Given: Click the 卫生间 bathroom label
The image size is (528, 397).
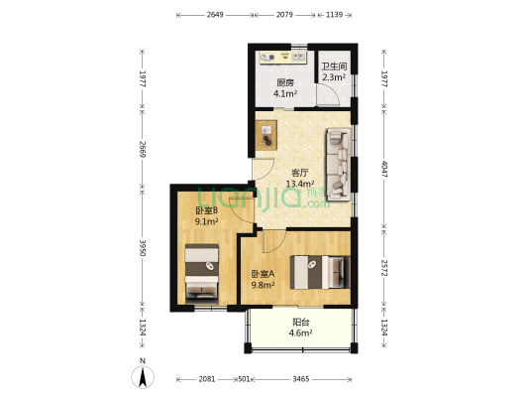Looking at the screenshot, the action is tap(334, 66).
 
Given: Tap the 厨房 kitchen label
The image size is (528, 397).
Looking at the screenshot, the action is tap(285, 82).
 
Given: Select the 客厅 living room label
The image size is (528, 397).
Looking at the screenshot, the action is tap(299, 173).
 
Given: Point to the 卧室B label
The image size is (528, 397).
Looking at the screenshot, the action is tap(207, 210).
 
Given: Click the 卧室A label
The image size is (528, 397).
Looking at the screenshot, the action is tap(263, 274).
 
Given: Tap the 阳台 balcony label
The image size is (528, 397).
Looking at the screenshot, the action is tap(301, 323).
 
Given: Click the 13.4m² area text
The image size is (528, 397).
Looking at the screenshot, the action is tap(300, 184).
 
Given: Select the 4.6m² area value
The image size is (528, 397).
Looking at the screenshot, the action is tap(300, 333).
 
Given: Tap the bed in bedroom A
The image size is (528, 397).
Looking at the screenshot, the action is tap(320, 272).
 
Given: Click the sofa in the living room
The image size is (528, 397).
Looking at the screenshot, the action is tap(339, 165).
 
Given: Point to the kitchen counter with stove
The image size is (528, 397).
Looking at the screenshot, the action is tap(282, 57).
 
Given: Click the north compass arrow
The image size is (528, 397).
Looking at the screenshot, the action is tap(143, 377).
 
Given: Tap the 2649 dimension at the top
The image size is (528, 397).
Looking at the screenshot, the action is tap(215, 15).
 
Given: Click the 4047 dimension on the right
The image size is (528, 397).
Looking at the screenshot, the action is tap(384, 170).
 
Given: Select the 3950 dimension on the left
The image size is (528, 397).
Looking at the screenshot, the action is tap(143, 248).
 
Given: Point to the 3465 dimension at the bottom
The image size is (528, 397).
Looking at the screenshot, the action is tap(301, 379).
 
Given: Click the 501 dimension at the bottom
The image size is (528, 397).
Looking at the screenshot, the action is tap(244, 379).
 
